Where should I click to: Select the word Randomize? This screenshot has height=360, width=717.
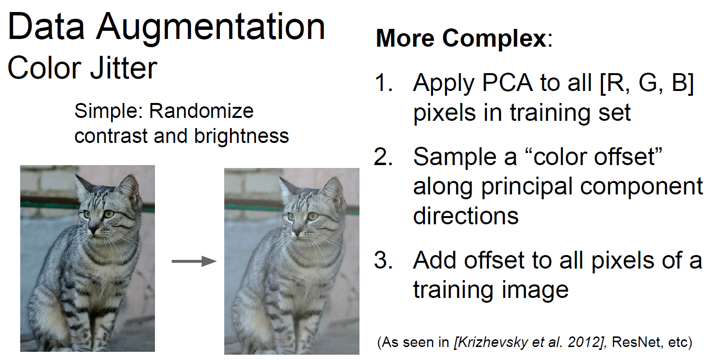[x=201, y=111]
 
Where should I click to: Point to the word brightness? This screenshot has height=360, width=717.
[x=242, y=136]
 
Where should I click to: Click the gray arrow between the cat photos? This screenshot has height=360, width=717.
[x=194, y=261]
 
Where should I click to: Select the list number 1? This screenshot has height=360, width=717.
[x=384, y=83]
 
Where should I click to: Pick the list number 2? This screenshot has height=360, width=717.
[x=384, y=157]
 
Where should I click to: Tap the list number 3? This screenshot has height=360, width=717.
[x=384, y=260]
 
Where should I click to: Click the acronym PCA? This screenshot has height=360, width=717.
[x=507, y=83]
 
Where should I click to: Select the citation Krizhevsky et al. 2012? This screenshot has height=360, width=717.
[x=530, y=342]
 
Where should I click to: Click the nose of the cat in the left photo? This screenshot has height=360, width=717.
[x=94, y=230]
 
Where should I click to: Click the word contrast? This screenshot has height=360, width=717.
[x=111, y=136]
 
